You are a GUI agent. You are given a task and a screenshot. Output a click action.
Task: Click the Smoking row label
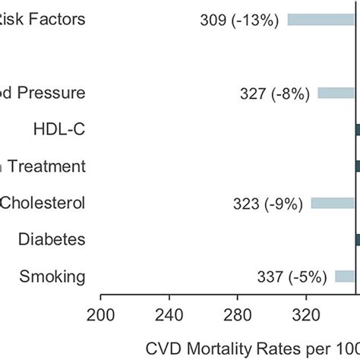(x=52, y=276)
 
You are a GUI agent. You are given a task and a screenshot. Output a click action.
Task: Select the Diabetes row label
(x=52, y=239)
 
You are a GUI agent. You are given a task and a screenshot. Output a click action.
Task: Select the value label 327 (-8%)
(x=274, y=93)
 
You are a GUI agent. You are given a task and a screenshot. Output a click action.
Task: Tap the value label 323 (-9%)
(x=270, y=203)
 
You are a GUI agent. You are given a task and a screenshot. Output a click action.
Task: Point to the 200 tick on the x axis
(x=100, y=315)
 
